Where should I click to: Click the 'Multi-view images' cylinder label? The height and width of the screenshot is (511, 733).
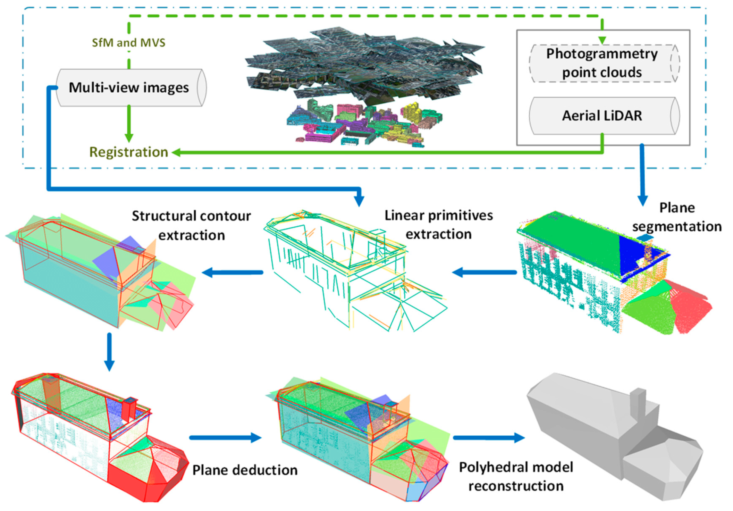129,88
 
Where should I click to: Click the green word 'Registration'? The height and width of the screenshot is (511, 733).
129,152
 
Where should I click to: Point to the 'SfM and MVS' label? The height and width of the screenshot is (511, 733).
129,43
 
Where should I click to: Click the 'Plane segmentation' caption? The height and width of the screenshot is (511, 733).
677,217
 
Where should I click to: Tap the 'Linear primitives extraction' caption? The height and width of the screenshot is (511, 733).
438,225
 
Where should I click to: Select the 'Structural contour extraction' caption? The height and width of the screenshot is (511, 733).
191,225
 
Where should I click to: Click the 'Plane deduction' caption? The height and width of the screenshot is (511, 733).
245,470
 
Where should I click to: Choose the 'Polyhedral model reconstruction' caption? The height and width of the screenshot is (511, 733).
516,476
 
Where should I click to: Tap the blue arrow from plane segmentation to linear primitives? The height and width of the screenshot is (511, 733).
484,272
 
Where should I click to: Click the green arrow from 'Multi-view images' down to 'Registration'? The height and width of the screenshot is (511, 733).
129,123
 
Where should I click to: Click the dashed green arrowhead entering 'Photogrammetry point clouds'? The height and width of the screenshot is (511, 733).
602,40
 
